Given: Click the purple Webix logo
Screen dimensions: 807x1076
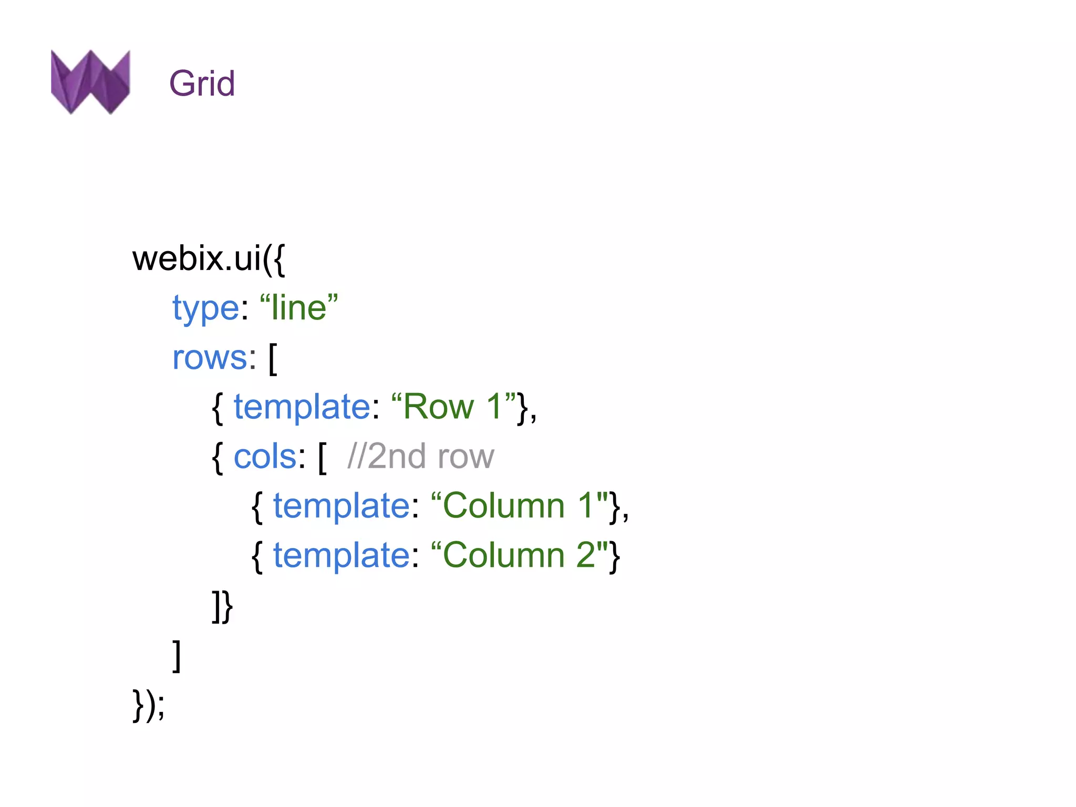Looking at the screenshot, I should coord(90,81).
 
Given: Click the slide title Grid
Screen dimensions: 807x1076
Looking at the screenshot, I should coord(202,84).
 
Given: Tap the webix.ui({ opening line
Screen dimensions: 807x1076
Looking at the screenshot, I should coord(209,258).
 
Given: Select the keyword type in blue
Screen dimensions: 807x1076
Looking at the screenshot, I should coord(205,308).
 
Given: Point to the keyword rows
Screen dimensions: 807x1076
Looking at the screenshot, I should coord(210,358).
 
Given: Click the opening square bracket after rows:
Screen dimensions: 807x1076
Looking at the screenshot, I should coord(273,359).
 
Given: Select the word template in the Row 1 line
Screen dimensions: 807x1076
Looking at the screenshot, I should coord(302,407).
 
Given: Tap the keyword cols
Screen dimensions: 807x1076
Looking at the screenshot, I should coord(265,457).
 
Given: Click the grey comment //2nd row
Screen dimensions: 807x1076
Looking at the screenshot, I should coord(420,457).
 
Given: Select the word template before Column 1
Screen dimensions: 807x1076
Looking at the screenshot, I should coord(342,506).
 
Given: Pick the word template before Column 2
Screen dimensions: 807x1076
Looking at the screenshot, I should coord(342,555).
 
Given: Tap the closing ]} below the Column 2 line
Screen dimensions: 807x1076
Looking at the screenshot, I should coord(222,606).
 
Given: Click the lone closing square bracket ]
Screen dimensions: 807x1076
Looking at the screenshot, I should coord(177,656).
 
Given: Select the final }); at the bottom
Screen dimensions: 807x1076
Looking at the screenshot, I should coord(149,705).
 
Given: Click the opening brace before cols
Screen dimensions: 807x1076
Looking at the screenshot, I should coord(218,458).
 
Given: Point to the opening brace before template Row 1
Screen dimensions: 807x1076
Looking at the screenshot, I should coord(218,408).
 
